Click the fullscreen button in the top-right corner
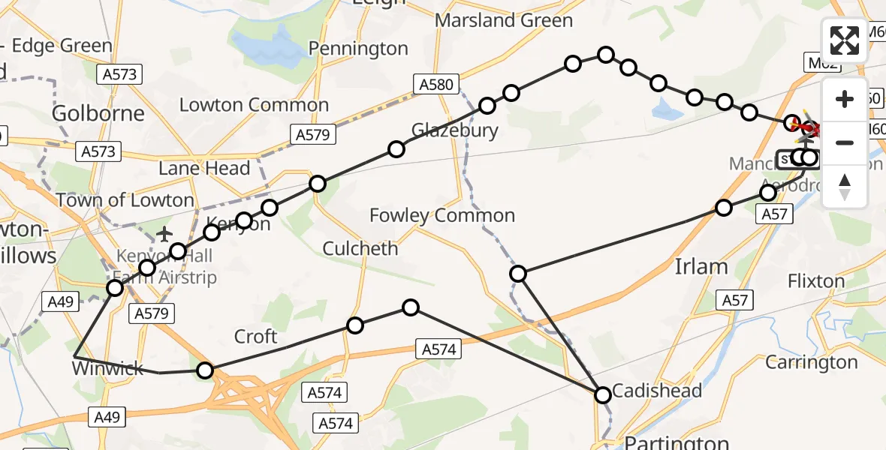[845, 40]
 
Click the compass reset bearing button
[845, 187]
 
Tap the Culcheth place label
[360, 248]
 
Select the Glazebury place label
[454, 130]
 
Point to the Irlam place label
[701, 266]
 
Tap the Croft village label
[256, 337]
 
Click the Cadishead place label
[657, 391]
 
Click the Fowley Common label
[442, 216]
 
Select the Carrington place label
[811, 362]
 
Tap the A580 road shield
[436, 84]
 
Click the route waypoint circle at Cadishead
[603, 395]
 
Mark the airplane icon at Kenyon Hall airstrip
[165, 235]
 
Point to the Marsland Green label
[504, 20]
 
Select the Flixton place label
[816, 281]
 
